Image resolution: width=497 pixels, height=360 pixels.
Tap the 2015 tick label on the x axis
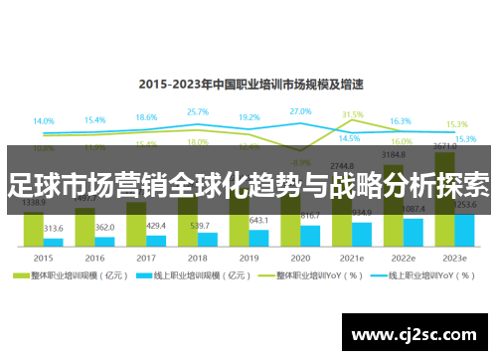pos(42,256)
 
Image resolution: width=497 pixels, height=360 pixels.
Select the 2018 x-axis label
pos(197,256)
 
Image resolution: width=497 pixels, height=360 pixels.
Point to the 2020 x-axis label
pos(300,256)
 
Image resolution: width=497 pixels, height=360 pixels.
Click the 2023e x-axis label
pos(454,256)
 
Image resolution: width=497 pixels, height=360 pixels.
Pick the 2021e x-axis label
pos(351,256)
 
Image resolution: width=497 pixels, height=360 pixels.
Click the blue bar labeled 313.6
pos(53,242)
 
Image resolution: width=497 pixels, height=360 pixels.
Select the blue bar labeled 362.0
pos(104,241)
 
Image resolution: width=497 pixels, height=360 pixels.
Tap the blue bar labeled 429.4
pos(156,240)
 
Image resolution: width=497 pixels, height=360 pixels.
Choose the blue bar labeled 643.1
pos(258,237)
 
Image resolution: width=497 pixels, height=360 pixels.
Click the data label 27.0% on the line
pos(300,111)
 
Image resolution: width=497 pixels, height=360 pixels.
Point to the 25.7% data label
pos(197,112)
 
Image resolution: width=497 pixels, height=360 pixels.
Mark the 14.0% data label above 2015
pos(44,121)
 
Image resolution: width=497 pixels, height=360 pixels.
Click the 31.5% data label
pos(352,114)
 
